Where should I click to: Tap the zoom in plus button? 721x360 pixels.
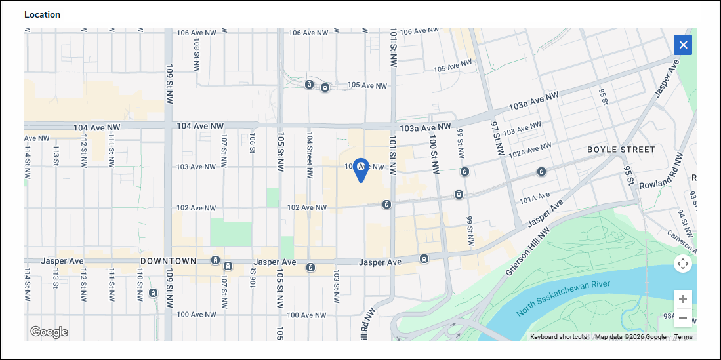pyautogui.click(x=682, y=299)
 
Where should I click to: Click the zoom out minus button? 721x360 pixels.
pyautogui.click(x=682, y=318)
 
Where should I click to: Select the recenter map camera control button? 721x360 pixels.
pyautogui.click(x=682, y=264)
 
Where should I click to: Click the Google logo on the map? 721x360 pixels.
pyautogui.click(x=49, y=332)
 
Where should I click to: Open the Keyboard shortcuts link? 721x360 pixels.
pyautogui.click(x=558, y=337)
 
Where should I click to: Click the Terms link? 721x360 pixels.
pyautogui.click(x=683, y=337)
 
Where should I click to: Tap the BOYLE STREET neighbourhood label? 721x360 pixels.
pyautogui.click(x=621, y=150)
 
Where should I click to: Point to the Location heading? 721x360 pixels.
pyautogui.click(x=42, y=14)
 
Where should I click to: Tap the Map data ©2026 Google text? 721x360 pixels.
pyautogui.click(x=630, y=337)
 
